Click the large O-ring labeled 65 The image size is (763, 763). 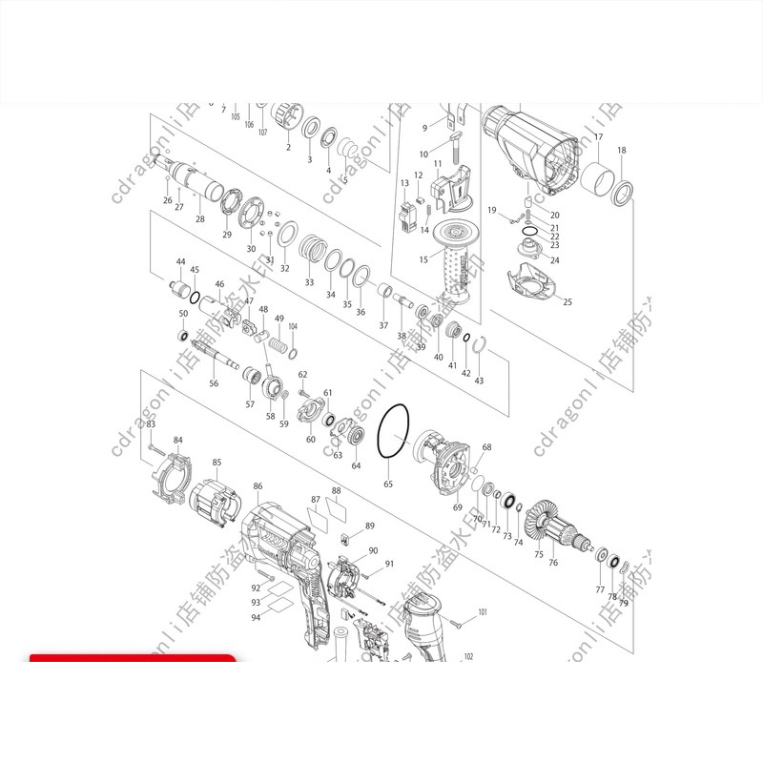click(393, 432)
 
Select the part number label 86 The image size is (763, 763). click(258, 486)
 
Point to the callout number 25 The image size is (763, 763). click(567, 302)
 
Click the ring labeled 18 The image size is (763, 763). click(623, 192)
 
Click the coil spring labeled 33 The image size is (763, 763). click(309, 253)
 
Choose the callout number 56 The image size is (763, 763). click(214, 383)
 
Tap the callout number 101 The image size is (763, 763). click(482, 611)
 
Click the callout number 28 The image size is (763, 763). click(200, 219)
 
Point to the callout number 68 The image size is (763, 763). click(486, 447)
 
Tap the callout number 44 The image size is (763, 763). click(180, 261)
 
